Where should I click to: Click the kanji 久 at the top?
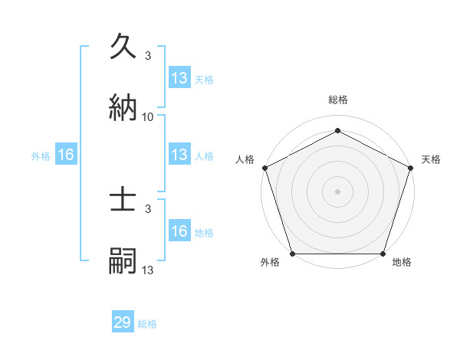click(123, 47)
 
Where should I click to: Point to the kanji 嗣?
click(123, 260)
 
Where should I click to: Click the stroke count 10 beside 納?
click(148, 117)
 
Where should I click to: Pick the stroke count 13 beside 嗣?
click(148, 270)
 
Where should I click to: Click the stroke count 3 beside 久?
click(148, 56)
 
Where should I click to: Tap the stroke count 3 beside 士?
click(148, 209)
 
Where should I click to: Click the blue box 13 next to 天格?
click(179, 78)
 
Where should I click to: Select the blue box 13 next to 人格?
click(179, 155)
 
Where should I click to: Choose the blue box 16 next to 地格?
click(179, 231)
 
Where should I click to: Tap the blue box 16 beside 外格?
click(66, 155)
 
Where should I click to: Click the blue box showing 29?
click(123, 322)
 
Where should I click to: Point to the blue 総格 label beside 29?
click(147, 324)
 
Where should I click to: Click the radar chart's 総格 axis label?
click(338, 100)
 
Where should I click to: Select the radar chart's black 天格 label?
click(431, 159)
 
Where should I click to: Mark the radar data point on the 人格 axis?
click(264, 168)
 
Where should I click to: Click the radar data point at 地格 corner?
click(383, 254)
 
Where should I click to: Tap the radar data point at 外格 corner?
click(292, 254)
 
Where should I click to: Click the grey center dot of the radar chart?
click(338, 191)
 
